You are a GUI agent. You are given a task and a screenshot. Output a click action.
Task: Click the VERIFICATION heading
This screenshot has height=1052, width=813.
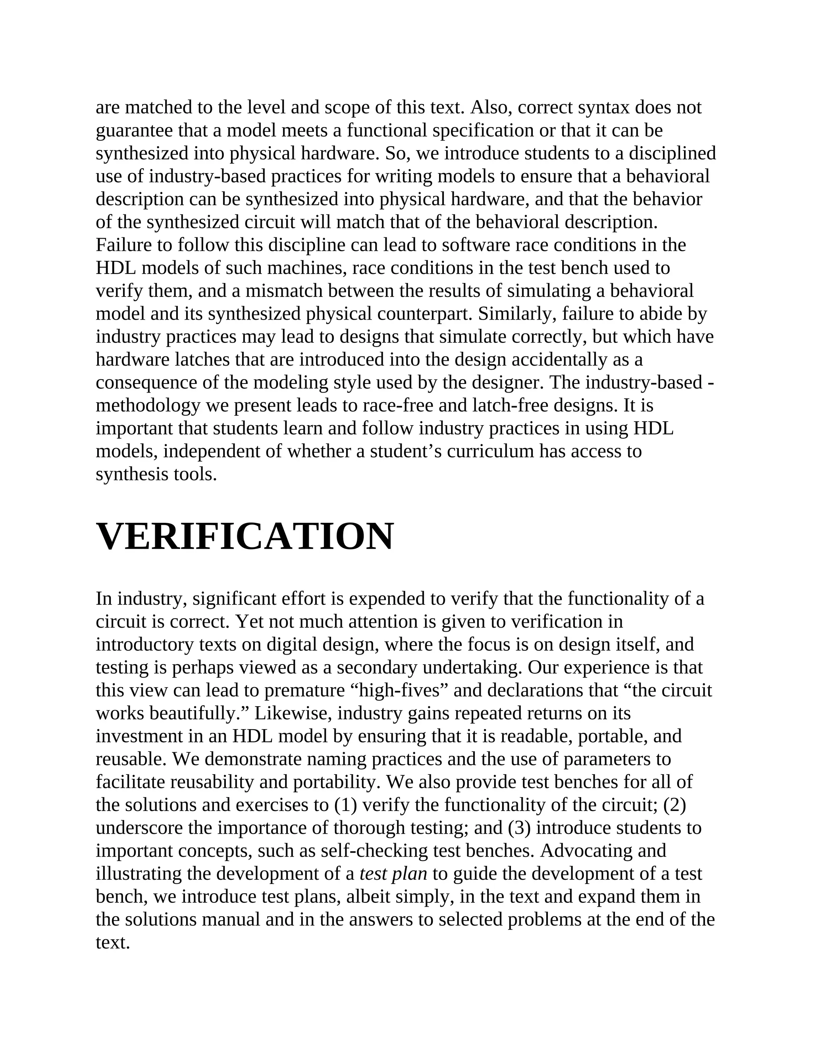click(x=245, y=537)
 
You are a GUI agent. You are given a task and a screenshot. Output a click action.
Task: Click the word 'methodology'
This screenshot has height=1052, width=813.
click(x=148, y=406)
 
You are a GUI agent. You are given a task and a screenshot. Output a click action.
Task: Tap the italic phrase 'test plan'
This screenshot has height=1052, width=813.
click(x=393, y=874)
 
